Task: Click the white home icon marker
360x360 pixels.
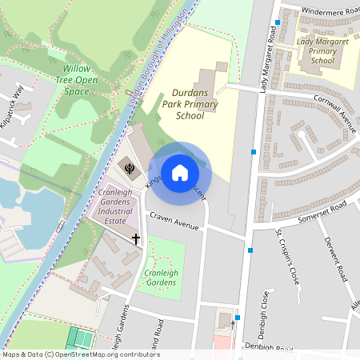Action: [x=180, y=172]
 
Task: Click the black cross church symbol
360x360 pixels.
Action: [x=136, y=238]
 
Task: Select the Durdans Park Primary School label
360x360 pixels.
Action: [x=189, y=104]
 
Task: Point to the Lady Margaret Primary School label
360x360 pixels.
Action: [x=322, y=50]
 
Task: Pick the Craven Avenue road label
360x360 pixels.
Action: [x=174, y=222]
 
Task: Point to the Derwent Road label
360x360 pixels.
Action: [x=334, y=258]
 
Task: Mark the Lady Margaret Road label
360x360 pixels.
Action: [x=270, y=62]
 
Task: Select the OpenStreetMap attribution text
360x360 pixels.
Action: [x=81, y=354]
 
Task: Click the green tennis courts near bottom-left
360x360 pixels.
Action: [x=80, y=337]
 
